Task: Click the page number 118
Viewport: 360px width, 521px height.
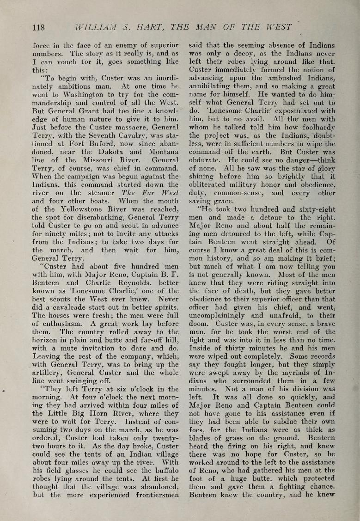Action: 38,27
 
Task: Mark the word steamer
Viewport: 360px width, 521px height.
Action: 101,192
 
